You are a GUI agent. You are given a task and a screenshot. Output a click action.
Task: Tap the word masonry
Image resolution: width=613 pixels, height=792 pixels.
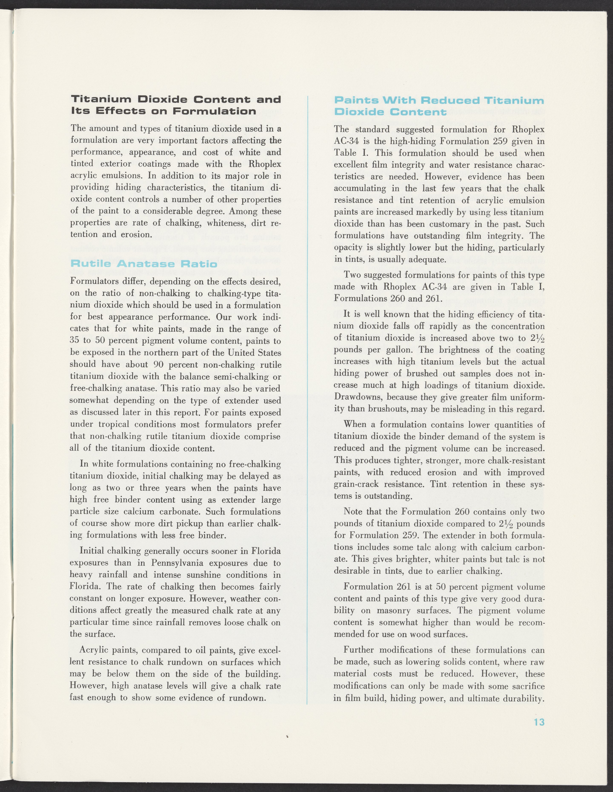point(396,610)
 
